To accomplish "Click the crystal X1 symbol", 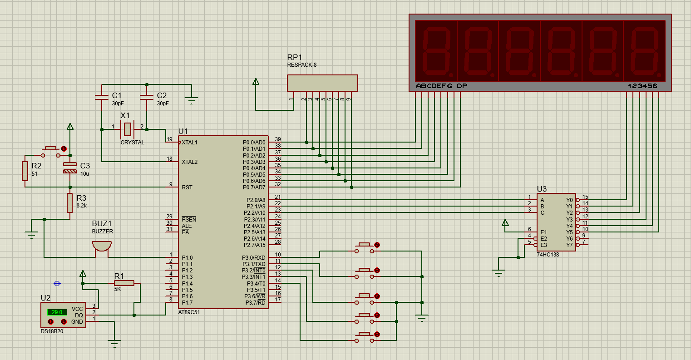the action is click(127, 129).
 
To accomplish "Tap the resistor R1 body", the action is click(124, 283).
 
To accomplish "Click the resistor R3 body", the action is click(70, 202).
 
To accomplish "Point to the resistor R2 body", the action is click(25, 171).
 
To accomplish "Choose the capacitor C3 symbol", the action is click(70, 168).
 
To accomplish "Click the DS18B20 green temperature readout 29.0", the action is click(57, 312).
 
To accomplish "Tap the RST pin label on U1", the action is click(187, 187).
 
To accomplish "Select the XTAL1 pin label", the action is click(189, 143).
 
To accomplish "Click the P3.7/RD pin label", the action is click(256, 303).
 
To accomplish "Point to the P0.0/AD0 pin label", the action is click(254, 143).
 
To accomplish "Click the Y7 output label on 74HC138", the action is click(569, 245).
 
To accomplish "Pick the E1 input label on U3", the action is click(543, 232).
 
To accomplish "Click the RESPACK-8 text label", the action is click(302, 65).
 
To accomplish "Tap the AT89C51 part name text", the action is click(189, 312).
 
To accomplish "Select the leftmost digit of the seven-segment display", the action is click(436, 51).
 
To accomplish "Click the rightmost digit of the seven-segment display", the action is click(644, 51).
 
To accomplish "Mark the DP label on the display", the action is click(462, 86).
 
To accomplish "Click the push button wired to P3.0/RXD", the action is click(365, 248).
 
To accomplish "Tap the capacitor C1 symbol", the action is click(102, 98).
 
